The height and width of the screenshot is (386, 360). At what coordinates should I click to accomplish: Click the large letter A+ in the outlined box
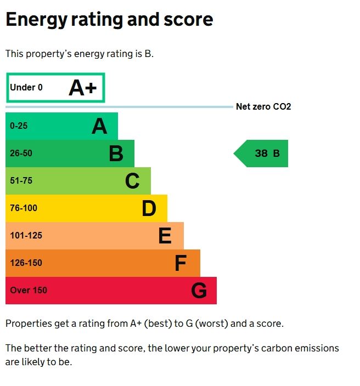[x=82, y=88]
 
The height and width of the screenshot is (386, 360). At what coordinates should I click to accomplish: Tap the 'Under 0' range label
[x=26, y=88]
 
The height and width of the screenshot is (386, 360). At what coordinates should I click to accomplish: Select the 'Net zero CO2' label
[x=263, y=106]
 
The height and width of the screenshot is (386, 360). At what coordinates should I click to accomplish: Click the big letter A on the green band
[x=99, y=126]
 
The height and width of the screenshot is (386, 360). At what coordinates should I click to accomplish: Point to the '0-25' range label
[x=19, y=126]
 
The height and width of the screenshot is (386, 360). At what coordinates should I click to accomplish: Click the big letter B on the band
[x=116, y=154]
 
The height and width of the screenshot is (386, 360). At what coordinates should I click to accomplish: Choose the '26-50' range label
[x=21, y=154]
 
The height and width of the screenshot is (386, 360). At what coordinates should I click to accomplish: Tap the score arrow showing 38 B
[x=262, y=154]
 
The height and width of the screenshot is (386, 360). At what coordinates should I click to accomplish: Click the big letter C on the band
[x=132, y=181]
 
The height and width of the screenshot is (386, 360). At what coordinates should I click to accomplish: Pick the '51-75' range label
[x=21, y=181]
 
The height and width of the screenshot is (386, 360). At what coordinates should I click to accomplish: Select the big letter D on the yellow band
[x=149, y=208]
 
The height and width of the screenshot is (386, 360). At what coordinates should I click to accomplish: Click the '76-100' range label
[x=24, y=208]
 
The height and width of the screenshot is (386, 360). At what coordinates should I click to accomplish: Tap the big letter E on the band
[x=165, y=236]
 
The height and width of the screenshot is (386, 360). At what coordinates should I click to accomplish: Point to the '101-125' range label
[x=26, y=236]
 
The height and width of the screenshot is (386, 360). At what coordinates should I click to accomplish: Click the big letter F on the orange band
[x=181, y=263]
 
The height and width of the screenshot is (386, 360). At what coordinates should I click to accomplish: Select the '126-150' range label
[x=26, y=263]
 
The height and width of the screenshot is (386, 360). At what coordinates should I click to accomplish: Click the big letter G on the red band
[x=199, y=291]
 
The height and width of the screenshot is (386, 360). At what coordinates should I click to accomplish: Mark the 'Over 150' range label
[x=29, y=291]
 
